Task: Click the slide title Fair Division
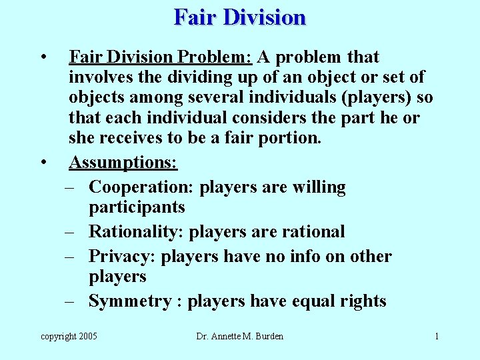tap(240, 17)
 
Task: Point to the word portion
tap(288, 139)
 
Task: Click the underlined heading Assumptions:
tap(123, 162)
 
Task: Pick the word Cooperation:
tap(141, 187)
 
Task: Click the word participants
tap(137, 207)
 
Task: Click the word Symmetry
tap(129, 301)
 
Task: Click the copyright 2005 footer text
tap(69, 337)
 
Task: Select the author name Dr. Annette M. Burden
tap(240, 337)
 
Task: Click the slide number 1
tap(437, 337)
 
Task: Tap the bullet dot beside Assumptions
tap(43, 162)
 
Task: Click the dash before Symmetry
tap(69, 301)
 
